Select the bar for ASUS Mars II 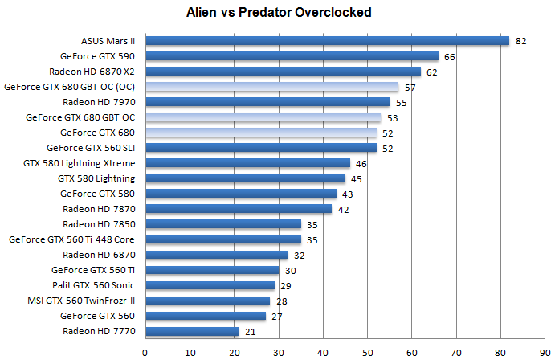coord(327,41)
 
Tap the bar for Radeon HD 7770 coord(192,331)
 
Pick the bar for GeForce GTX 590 coord(292,56)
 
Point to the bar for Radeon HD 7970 coord(267,102)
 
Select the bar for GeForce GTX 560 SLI coord(261,148)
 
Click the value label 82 coord(520,41)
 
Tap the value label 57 coord(410,87)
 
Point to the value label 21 coord(250,331)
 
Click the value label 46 coord(361,163)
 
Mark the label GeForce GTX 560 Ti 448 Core coord(71,239)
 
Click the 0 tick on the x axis coord(145,351)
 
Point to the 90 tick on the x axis coord(545,351)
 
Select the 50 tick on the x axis coord(367,351)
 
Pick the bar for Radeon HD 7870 coord(239,209)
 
